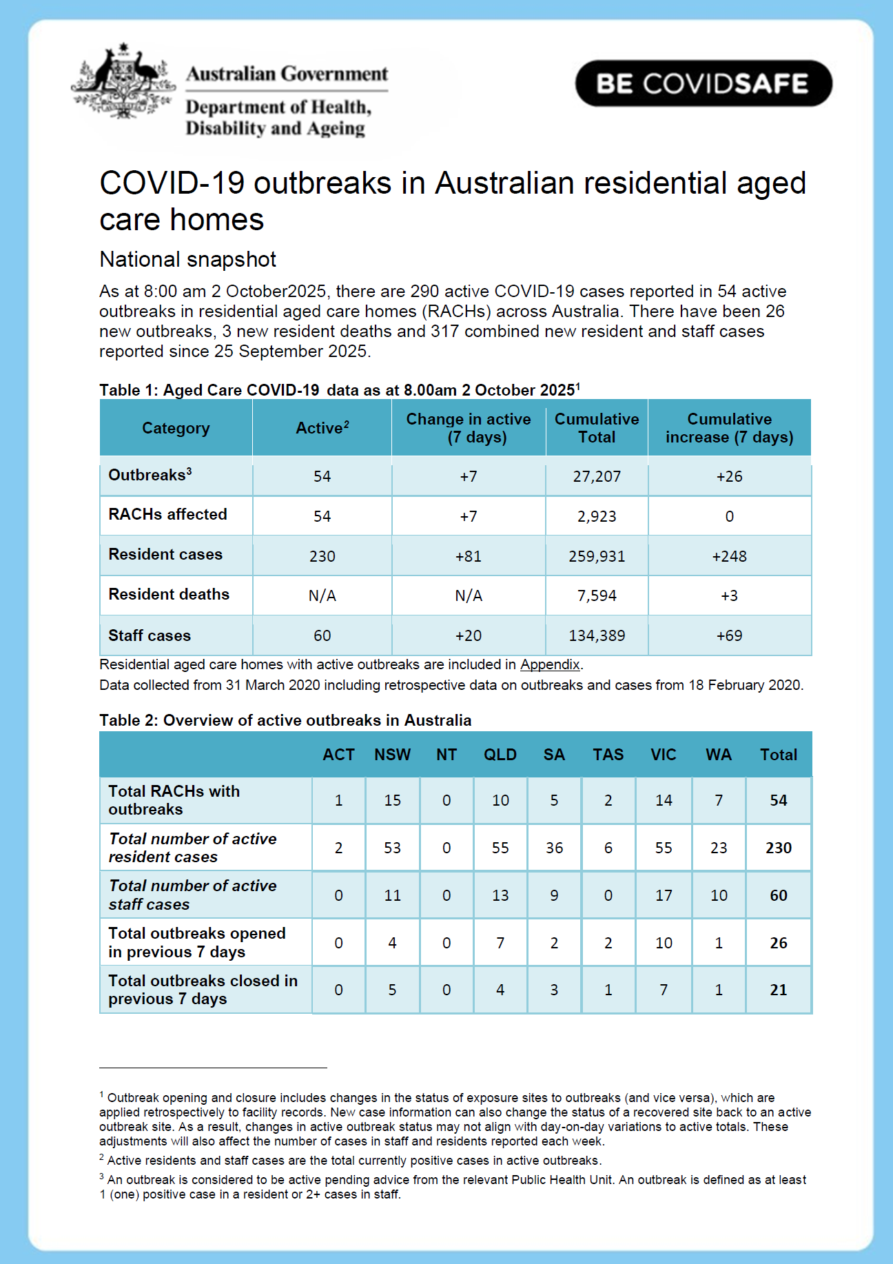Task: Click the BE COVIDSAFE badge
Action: click(704, 83)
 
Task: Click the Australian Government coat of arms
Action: click(123, 81)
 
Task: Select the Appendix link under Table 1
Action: click(550, 664)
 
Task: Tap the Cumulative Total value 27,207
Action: click(597, 476)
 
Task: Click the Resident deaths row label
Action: click(169, 594)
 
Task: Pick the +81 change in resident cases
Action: click(469, 556)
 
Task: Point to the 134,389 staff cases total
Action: click(597, 635)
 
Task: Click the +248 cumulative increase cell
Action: click(729, 556)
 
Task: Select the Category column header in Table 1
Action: click(176, 428)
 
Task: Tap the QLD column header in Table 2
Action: click(500, 755)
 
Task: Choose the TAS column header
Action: click(608, 755)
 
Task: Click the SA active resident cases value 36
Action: click(554, 848)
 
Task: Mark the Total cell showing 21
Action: click(779, 990)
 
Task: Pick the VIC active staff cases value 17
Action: click(664, 895)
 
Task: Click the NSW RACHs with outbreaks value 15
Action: click(392, 800)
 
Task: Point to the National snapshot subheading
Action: click(187, 259)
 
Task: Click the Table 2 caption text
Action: click(285, 720)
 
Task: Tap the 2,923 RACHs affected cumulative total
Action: click(597, 516)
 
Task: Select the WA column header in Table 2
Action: click(719, 755)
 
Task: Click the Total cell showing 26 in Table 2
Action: click(779, 943)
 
